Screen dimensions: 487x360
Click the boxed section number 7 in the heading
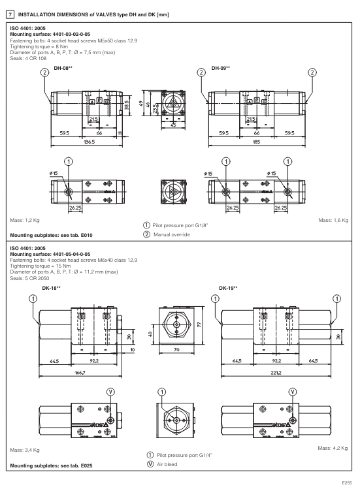[10, 14]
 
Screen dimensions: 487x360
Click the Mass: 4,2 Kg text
[333, 447]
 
